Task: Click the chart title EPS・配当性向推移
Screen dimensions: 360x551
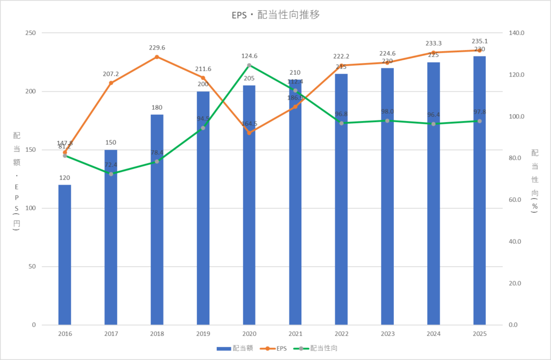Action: click(x=275, y=15)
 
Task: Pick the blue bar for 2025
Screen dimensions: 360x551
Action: click(x=479, y=190)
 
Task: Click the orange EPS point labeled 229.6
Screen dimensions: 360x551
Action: click(x=157, y=57)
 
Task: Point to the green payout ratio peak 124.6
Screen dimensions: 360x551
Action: click(x=249, y=66)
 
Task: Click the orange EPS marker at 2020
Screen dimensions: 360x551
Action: click(x=249, y=132)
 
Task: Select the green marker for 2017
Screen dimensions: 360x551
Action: click(x=111, y=174)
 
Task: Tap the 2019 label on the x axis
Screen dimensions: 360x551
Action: click(x=203, y=334)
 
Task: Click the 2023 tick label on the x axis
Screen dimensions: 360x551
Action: click(x=387, y=334)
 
